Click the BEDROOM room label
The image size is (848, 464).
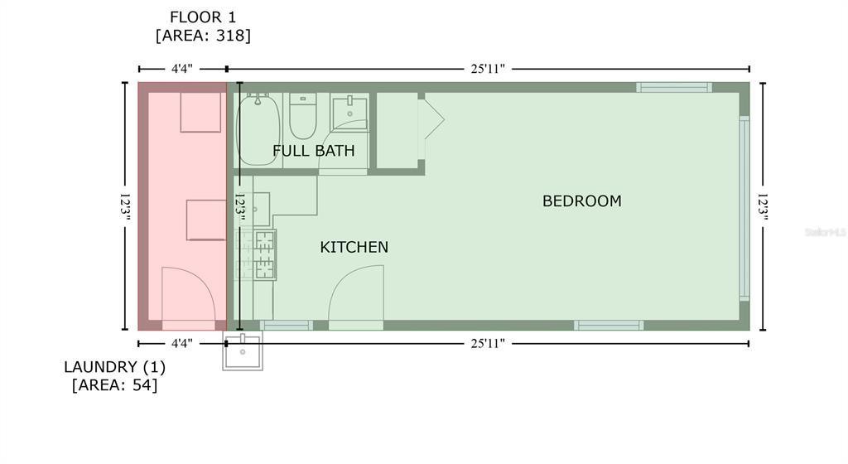coord(582,201)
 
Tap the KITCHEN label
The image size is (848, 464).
coord(354,247)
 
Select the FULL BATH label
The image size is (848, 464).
coord(314,151)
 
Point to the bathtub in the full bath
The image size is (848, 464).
coord(258,129)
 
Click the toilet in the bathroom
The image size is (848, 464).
coord(303,116)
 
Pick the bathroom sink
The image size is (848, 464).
coord(349,112)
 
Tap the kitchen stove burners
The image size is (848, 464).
coord(264,254)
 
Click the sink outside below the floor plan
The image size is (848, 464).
coord(243,351)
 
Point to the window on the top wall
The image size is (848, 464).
coord(674,87)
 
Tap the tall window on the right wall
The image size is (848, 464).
coord(744,208)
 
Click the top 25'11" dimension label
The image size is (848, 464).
coord(488,69)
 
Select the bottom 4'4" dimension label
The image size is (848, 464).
coord(181,343)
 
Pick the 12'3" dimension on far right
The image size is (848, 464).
coord(763,206)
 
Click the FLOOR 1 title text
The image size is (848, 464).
coord(203,17)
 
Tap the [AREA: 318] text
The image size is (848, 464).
coord(203,36)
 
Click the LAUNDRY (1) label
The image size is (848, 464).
coord(114,367)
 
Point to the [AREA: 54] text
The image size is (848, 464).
coord(114,385)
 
